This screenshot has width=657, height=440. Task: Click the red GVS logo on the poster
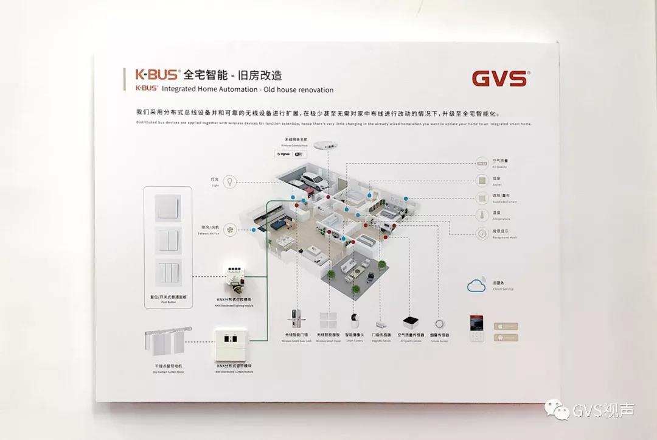tap(500, 79)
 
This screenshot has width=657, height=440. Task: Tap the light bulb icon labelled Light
tap(231, 181)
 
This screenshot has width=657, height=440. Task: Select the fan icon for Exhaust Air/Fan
tap(231, 229)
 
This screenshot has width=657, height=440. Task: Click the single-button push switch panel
tap(168, 207)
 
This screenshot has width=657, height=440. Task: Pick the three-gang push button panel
tap(168, 273)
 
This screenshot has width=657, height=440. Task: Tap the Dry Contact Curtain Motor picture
tap(167, 345)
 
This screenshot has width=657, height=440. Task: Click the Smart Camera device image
tap(354, 323)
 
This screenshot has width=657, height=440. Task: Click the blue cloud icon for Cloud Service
tap(477, 285)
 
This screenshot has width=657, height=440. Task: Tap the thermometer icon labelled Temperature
tap(482, 215)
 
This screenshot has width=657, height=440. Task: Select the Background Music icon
tap(482, 233)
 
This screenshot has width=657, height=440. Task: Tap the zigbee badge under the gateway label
tap(283, 155)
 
